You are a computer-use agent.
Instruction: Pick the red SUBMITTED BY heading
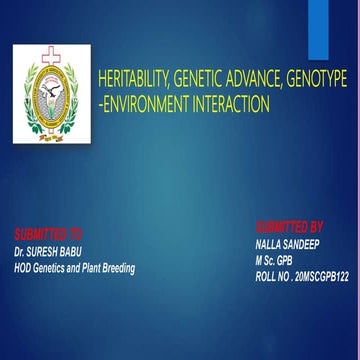click(x=290, y=226)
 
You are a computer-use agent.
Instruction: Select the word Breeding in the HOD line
click(x=116, y=267)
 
